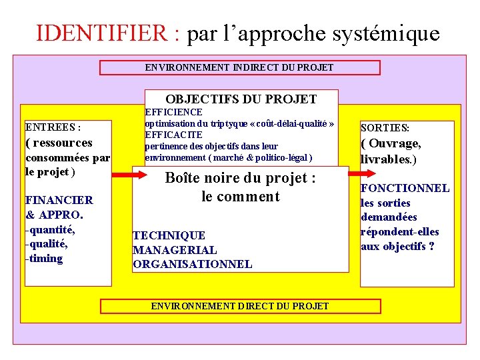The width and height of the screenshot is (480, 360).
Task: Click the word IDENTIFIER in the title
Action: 107,33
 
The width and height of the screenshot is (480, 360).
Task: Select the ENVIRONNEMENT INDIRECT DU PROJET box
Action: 239,67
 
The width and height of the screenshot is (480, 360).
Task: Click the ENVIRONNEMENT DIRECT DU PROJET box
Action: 240,306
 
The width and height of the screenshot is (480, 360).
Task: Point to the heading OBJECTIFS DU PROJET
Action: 241,99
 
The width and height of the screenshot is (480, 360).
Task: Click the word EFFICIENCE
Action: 173,112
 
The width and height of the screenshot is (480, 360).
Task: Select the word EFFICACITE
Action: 173,135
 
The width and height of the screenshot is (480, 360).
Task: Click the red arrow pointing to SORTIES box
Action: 354,175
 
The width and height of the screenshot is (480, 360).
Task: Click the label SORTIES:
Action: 385,127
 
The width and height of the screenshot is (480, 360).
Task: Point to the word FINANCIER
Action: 59,200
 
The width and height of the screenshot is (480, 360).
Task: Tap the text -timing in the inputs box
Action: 44,259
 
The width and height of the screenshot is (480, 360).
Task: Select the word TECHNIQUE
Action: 169,235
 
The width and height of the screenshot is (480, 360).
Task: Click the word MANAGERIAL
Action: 175,250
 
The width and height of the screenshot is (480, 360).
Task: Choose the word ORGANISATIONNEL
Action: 192,264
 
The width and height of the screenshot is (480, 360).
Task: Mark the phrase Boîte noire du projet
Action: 239,179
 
